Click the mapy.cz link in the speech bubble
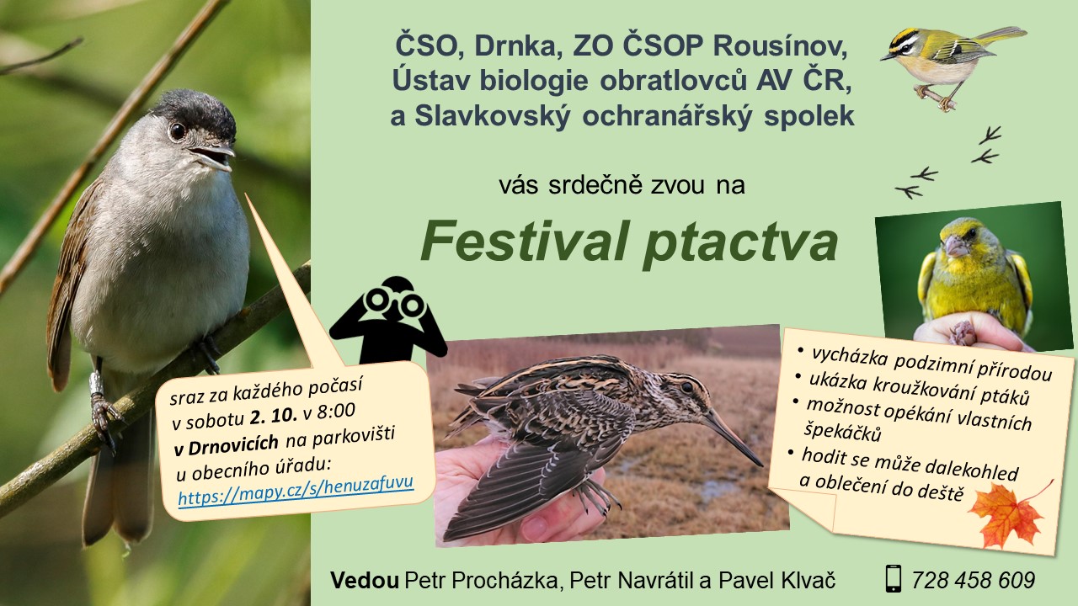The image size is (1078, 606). pos(296,490)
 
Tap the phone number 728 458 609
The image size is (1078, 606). pos(973,580)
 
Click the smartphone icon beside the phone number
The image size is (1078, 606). pos(894,578)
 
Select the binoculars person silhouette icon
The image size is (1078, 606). pos(387,320)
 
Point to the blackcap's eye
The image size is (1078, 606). pos(177,130)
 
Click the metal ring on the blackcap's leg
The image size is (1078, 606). pos(96,383)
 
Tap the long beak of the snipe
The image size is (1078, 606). pos(733,439)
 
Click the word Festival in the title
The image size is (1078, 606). pos(525,241)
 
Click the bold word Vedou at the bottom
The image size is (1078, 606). pos(365,580)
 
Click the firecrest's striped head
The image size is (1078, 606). pos(904,42)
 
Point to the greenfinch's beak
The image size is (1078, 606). pos(955,246)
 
